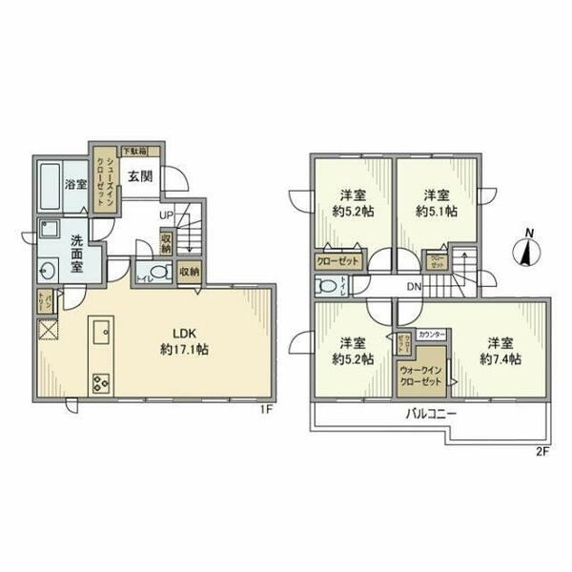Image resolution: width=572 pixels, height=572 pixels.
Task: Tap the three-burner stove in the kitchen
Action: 101,383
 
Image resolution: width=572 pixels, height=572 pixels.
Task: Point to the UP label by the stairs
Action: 165,215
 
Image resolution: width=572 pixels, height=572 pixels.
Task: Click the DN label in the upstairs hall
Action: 415,287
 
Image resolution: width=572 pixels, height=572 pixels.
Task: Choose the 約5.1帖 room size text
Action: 437,211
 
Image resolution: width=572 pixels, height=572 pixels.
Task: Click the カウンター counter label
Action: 432,335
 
